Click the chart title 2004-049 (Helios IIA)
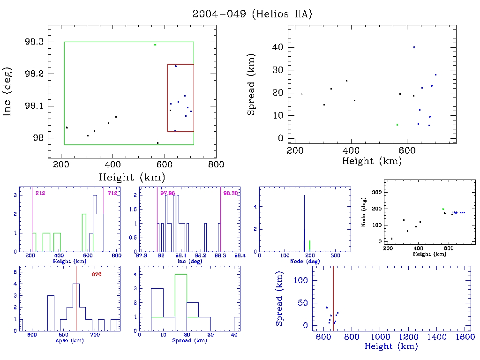252,14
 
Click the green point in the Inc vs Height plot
155,45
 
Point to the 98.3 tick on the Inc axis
35,42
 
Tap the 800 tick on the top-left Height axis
216,165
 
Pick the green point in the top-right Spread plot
397,125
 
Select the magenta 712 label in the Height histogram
112,193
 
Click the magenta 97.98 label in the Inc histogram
167,193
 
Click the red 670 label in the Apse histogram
97,274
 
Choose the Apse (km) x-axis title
69,341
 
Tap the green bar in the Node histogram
310,246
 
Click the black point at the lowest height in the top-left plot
67,127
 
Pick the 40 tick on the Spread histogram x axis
234,335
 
